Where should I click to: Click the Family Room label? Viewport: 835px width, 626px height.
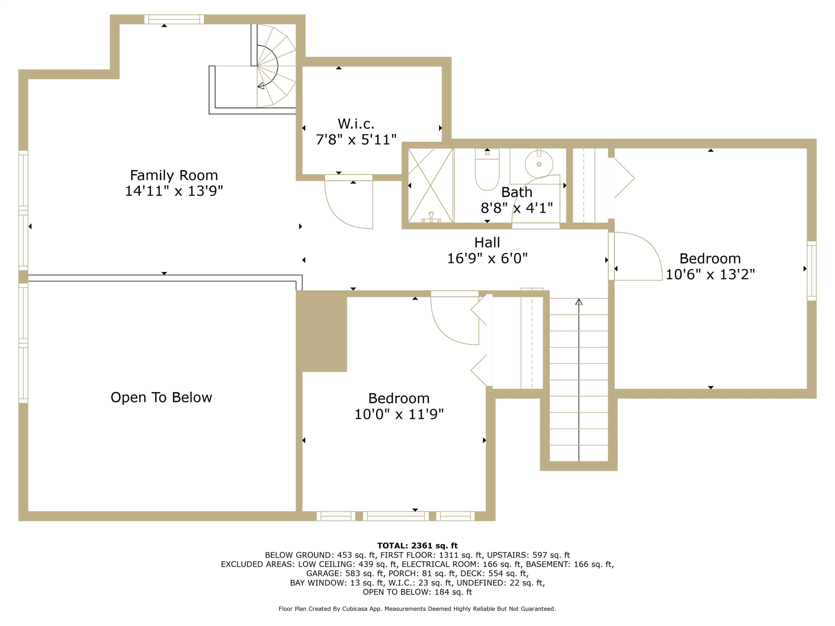pos(174,176)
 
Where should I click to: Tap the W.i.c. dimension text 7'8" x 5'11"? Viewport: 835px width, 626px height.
pos(356,140)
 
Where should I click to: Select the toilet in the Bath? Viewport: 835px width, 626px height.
pos(487,169)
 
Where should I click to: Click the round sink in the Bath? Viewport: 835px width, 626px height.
pos(539,164)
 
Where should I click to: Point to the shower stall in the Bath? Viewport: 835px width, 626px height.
pos(431,185)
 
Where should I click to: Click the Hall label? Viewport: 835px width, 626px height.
pos(487,243)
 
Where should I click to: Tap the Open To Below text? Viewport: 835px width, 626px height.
pos(161,397)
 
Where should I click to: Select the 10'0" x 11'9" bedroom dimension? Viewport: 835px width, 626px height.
pos(399,414)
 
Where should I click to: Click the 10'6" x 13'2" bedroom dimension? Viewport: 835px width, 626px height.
pos(710,274)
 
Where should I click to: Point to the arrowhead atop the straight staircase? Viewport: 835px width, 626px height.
pos(579,302)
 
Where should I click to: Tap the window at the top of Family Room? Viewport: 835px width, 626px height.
pos(174,19)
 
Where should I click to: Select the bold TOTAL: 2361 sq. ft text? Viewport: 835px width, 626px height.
pos(417,546)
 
